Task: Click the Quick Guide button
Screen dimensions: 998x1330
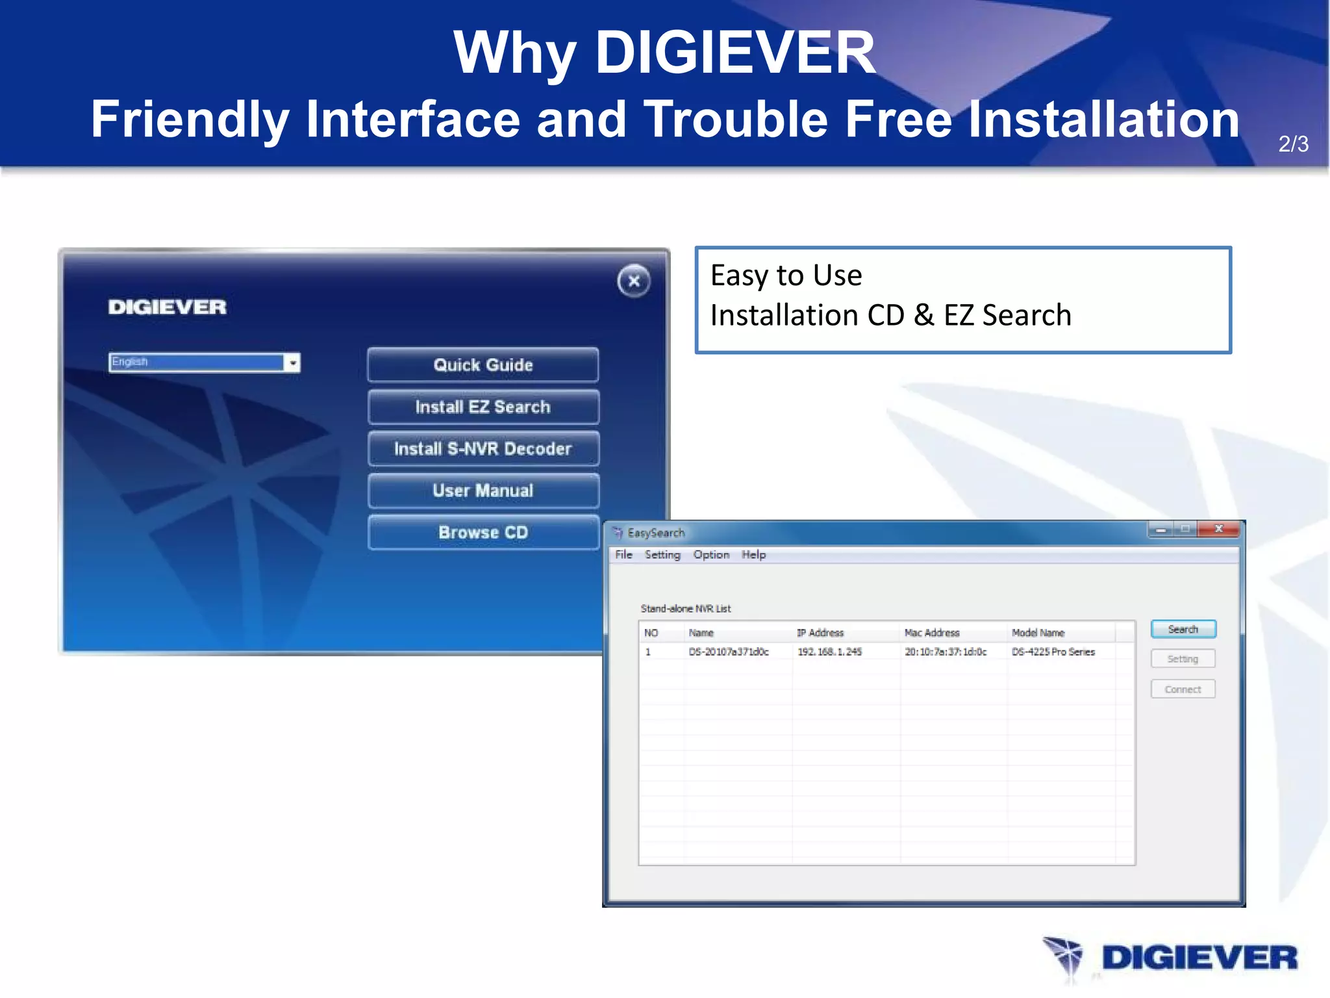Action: [483, 365]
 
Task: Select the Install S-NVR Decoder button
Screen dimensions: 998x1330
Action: [483, 449]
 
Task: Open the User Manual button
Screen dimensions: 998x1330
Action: [483, 491]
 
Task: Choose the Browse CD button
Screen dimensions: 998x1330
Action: [483, 533]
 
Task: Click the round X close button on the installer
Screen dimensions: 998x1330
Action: [634, 281]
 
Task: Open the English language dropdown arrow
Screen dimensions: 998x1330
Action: [293, 363]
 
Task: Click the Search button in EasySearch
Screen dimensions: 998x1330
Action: [1183, 629]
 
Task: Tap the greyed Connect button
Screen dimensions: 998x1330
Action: [1183, 689]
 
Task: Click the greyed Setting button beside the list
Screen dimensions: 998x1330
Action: [1183, 659]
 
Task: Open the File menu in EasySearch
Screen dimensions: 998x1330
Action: [623, 554]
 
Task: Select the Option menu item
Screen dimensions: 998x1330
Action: [711, 554]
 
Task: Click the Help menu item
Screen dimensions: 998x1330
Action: [753, 554]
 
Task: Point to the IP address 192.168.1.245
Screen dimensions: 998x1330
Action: [829, 652]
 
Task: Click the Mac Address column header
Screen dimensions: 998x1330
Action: [932, 633]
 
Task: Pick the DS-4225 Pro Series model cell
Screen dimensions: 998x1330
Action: [1053, 652]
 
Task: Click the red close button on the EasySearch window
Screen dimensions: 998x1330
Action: [1218, 529]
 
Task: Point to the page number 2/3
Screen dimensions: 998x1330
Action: [1293, 144]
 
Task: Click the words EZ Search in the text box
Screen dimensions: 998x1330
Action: [1007, 316]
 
